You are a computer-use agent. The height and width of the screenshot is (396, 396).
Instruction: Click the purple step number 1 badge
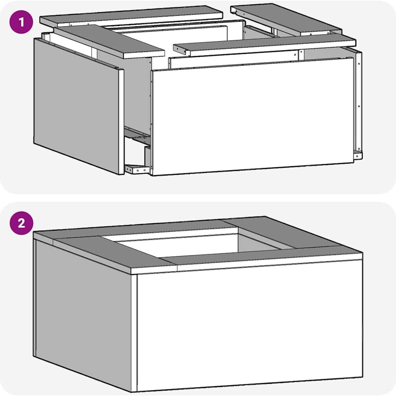tap(21, 22)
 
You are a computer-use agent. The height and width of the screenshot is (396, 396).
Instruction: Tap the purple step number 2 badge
tap(21, 223)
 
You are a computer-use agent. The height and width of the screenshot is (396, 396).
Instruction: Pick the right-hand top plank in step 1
tap(286, 19)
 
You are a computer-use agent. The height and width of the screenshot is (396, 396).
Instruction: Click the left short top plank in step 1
tap(109, 41)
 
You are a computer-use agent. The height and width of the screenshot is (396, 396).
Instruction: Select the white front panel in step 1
tap(253, 116)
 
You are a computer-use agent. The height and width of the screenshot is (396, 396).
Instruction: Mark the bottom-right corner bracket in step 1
tap(358, 155)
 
